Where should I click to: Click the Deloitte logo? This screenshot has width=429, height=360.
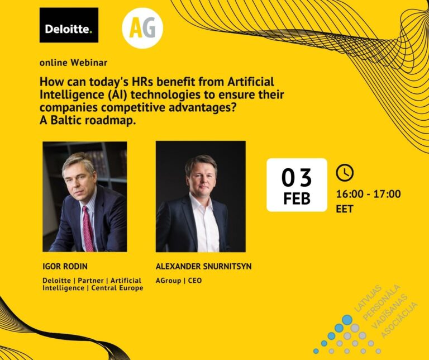coord(69,25)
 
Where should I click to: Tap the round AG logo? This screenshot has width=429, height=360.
coord(142,28)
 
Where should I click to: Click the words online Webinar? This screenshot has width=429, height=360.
coord(73,62)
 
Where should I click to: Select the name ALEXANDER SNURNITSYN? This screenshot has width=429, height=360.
coord(203,267)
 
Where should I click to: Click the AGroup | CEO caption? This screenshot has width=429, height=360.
coord(179,280)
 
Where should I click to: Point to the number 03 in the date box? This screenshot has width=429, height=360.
coord(296,178)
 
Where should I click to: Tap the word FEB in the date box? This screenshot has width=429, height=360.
coord(297,198)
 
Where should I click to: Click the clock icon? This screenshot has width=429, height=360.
coord(345,172)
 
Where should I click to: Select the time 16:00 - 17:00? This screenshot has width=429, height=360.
coord(368,194)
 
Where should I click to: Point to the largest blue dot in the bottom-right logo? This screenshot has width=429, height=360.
coord(347,320)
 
